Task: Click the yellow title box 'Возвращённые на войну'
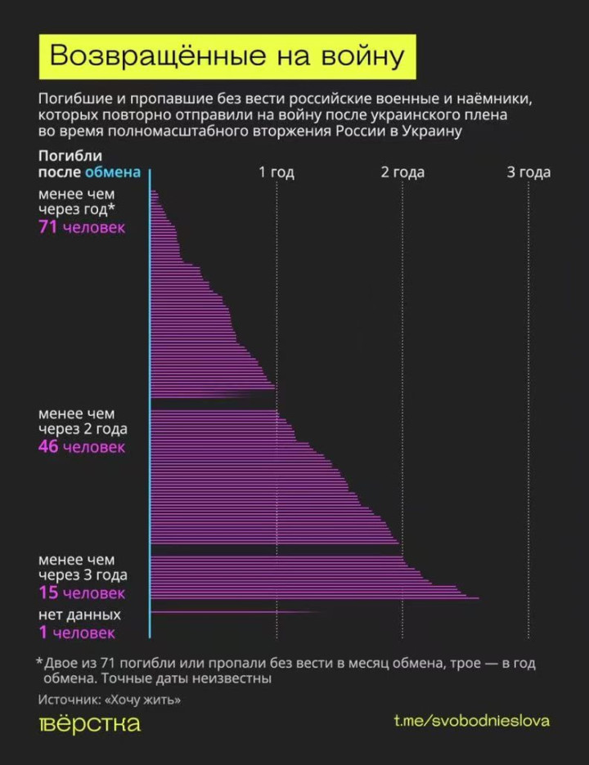pyautogui.click(x=227, y=56)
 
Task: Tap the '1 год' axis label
pyautogui.click(x=277, y=172)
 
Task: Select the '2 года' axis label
pyautogui.click(x=402, y=172)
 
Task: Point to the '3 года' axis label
pyautogui.click(x=528, y=172)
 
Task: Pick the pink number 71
pyautogui.click(x=47, y=228)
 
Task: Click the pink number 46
pyautogui.click(x=48, y=447)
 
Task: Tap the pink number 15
pyautogui.click(x=47, y=593)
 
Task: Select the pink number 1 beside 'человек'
pyautogui.click(x=43, y=632)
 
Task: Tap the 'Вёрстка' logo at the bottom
pyautogui.click(x=90, y=724)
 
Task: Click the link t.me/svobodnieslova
pyautogui.click(x=472, y=721)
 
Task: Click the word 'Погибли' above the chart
pyautogui.click(x=70, y=156)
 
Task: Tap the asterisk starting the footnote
pyautogui.click(x=39, y=661)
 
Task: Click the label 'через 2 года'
pyautogui.click(x=83, y=429)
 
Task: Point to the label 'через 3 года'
pyautogui.click(x=83, y=575)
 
